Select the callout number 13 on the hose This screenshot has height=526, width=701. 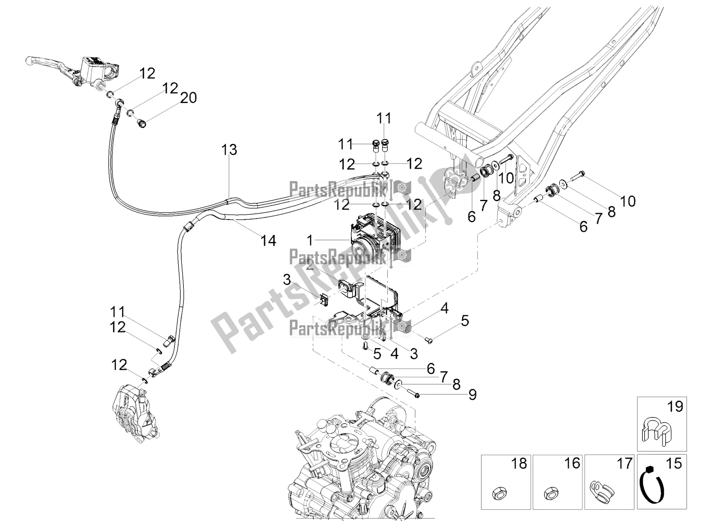229,150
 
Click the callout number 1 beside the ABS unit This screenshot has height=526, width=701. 310,240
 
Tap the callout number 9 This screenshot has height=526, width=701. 472,395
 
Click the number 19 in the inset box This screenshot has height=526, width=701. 675,407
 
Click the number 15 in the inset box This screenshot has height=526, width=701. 675,463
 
